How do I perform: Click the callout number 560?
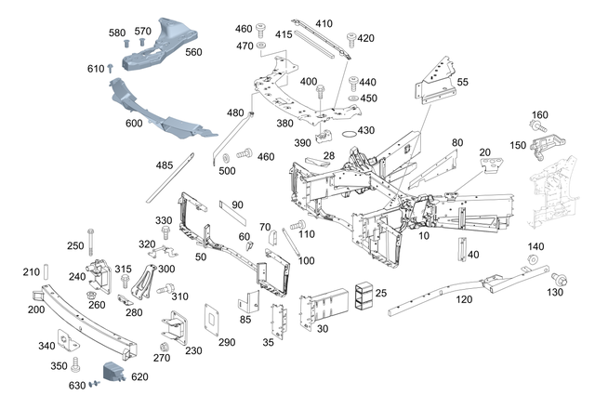pos(193,52)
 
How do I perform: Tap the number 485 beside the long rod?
pos(165,165)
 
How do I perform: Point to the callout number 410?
pos(324,23)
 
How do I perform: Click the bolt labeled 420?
pos(352,40)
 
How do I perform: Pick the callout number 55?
pos(462,82)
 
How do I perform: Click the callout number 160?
pos(540,115)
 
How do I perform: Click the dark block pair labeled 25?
pos(364,295)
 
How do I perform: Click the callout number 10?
pos(424,237)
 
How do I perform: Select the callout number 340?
pos(46,345)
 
